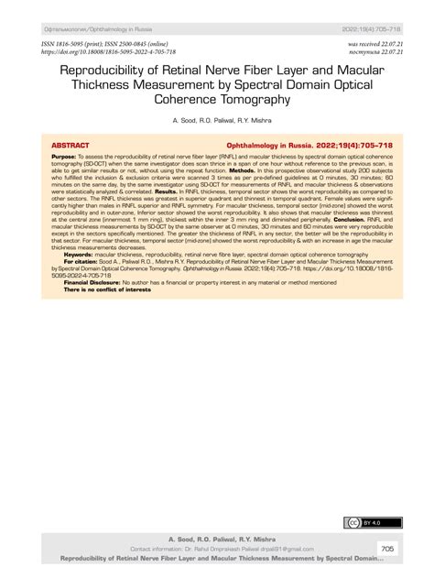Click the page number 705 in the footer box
click(x=386, y=548)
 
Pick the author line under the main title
click(x=216, y=120)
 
